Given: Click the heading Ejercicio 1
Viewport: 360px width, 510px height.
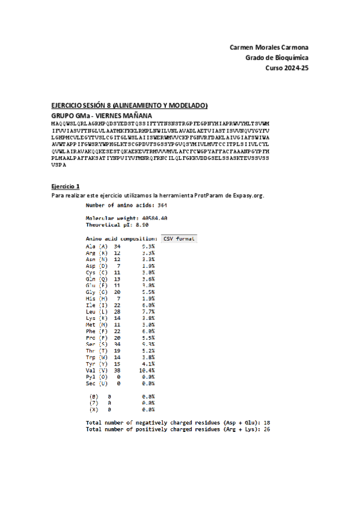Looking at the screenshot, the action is (66, 186).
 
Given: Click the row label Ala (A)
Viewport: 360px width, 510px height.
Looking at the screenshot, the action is (96, 246).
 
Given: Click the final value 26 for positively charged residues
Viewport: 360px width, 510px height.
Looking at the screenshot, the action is (267, 429).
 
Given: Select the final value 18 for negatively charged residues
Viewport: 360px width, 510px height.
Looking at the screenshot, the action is (267, 423).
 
